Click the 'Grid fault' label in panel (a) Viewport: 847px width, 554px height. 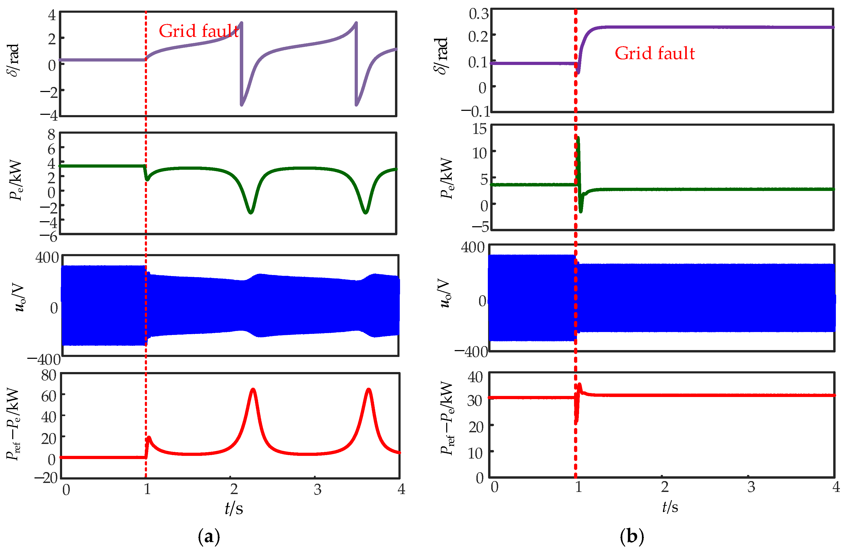(199, 31)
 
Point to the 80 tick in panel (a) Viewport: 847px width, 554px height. (49, 375)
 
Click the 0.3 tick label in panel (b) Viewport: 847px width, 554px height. (479, 14)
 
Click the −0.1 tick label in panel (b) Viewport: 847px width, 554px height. (475, 111)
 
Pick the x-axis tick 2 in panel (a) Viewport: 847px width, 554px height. (234, 490)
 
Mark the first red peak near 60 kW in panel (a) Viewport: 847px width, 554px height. (253, 389)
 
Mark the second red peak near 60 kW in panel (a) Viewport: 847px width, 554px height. (369, 389)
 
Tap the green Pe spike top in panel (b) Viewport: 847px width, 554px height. (578, 138)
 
